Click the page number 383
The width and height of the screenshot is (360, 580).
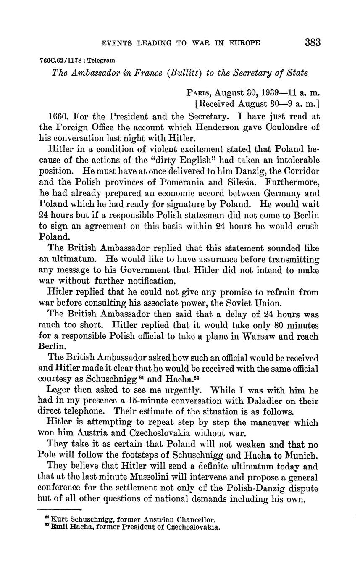(313, 42)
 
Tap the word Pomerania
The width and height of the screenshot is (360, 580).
(188, 182)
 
